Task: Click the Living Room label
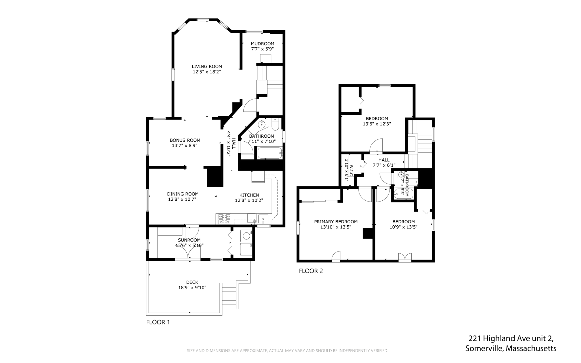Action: click(x=207, y=66)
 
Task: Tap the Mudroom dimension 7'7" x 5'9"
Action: click(x=262, y=49)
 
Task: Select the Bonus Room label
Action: click(x=185, y=140)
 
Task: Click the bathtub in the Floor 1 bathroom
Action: click(x=270, y=153)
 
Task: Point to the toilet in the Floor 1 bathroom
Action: click(x=275, y=125)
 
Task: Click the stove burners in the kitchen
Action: click(x=224, y=219)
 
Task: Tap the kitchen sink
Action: click(x=263, y=219)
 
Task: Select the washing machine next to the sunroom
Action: click(x=246, y=236)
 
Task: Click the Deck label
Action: click(x=192, y=282)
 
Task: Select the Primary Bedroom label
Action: click(x=336, y=222)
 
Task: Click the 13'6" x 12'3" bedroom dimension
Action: click(x=377, y=124)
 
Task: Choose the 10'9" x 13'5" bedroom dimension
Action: click(x=403, y=227)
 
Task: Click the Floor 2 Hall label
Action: click(x=384, y=160)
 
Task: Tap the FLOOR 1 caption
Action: click(x=158, y=322)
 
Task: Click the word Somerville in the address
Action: click(x=484, y=348)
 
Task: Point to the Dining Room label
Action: click(x=183, y=194)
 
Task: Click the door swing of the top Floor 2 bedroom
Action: click(x=376, y=145)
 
